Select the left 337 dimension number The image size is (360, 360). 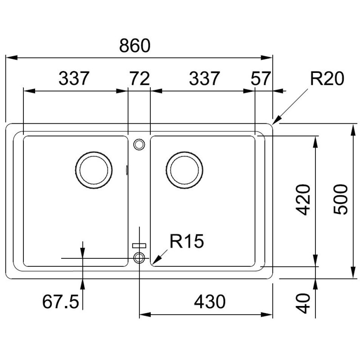pyautogui.click(x=75, y=79)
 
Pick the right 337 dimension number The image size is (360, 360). pyautogui.click(x=203, y=79)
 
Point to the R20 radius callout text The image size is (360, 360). pyautogui.click(x=327, y=79)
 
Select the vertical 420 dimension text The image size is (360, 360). pyautogui.click(x=302, y=199)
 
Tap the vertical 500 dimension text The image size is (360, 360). pyautogui.click(x=341, y=199)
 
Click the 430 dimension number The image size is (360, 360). pyautogui.click(x=209, y=302)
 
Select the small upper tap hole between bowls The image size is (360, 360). pyautogui.click(x=139, y=144)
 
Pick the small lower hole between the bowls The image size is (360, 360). pyautogui.click(x=139, y=257)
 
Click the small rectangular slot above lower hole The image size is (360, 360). pyautogui.click(x=139, y=245)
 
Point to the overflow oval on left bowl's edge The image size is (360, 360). pyautogui.click(x=127, y=171)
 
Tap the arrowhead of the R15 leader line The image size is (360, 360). pyautogui.click(x=155, y=262)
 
